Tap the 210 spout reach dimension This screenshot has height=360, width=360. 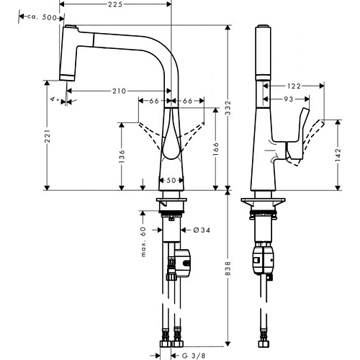pos(119,91)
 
